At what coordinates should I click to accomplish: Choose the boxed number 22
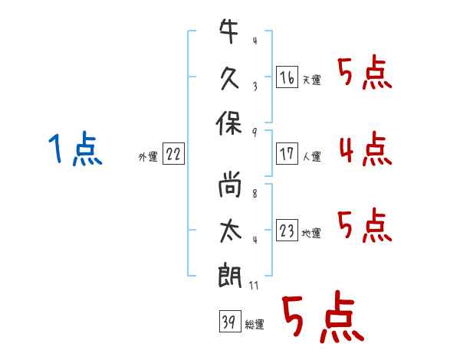coord(173,154)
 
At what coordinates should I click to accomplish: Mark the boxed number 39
coord(228,321)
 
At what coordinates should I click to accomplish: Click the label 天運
coord(312,80)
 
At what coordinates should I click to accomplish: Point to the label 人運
coord(312,156)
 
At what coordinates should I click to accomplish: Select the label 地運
coord(312,233)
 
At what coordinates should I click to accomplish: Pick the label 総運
coord(255,324)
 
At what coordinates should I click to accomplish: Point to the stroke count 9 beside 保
coord(255,133)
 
